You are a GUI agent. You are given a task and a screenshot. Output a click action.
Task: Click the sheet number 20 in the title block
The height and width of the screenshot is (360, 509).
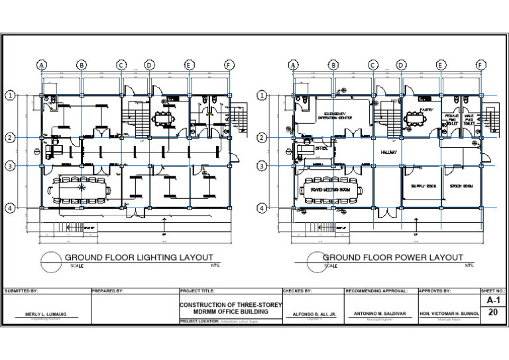[492, 314]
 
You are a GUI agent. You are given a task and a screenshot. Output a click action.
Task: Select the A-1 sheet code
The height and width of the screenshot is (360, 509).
[492, 300]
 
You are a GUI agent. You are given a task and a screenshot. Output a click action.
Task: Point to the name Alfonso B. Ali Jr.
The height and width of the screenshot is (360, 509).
[312, 315]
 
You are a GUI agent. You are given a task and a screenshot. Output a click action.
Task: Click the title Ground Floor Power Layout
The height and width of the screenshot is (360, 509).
[392, 257]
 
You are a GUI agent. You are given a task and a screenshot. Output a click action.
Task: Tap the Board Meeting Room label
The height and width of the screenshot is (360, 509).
[330, 189]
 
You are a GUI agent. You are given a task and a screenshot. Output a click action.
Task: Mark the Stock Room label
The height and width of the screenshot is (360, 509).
[458, 186]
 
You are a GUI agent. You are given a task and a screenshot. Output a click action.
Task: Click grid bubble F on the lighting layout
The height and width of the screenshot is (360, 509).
[229, 64]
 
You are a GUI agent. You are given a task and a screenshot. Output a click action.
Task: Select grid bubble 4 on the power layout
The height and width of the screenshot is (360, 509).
[262, 208]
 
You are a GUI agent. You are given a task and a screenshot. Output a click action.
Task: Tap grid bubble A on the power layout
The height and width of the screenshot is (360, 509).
[293, 64]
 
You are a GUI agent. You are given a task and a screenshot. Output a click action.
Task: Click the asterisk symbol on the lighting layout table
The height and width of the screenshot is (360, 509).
[82, 189]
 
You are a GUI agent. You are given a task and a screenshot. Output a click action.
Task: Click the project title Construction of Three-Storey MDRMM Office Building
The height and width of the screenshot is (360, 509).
[231, 308]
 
